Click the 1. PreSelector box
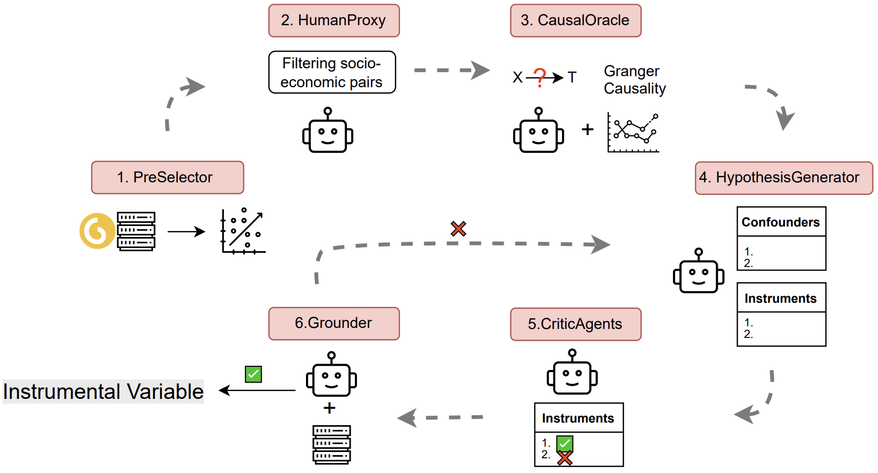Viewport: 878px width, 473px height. click(167, 178)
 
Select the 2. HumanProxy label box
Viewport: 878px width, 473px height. click(334, 20)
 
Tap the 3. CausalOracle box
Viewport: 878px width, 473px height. click(575, 20)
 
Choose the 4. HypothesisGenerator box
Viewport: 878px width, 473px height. click(783, 178)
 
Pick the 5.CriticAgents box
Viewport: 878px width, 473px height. click(575, 324)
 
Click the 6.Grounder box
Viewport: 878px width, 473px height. click(334, 323)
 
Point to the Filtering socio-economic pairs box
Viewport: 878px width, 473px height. click(332, 73)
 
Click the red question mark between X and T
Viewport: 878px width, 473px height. click(540, 77)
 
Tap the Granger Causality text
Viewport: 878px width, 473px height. click(634, 80)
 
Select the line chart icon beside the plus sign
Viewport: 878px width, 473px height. click(633, 132)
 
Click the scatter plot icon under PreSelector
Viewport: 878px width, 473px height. click(243, 231)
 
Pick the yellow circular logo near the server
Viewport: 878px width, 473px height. click(97, 231)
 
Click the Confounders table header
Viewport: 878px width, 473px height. click(781, 222)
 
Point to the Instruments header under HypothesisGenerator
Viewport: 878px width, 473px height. click(781, 299)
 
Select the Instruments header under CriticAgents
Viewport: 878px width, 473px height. click(578, 418)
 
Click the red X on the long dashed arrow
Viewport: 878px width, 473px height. click(458, 229)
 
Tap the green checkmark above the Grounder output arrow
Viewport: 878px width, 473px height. click(253, 374)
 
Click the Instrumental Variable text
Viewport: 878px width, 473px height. click(103, 392)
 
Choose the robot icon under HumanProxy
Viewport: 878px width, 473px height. click(328, 131)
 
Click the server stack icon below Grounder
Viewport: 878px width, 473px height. click(331, 445)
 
